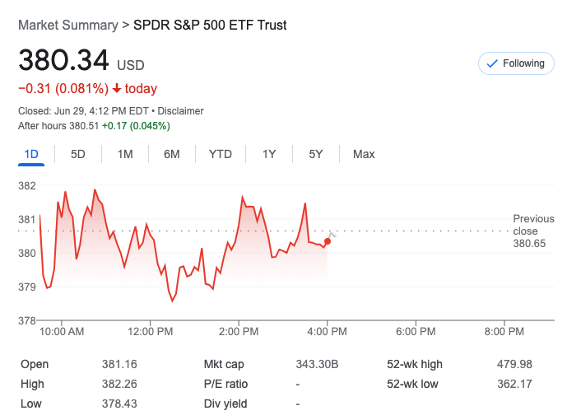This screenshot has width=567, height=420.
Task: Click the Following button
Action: click(x=516, y=63)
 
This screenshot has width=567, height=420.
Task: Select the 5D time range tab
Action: click(x=78, y=154)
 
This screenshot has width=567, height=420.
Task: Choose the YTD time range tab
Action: click(x=220, y=154)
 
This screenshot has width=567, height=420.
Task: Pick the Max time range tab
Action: click(x=364, y=154)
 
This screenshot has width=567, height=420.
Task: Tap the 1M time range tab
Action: click(x=125, y=154)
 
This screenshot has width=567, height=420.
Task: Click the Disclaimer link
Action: click(x=181, y=111)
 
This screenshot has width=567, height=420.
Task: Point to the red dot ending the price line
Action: click(x=328, y=241)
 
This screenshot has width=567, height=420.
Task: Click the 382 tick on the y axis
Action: click(x=27, y=186)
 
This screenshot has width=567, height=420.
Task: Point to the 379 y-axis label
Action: click(x=27, y=287)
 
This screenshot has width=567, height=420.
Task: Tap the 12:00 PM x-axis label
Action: click(x=151, y=332)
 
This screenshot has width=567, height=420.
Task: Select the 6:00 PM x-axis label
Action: click(x=416, y=332)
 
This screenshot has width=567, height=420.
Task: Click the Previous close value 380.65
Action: click(x=529, y=244)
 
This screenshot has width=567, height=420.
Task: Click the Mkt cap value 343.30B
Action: click(x=317, y=364)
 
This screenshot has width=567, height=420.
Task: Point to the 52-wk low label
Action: click(x=412, y=384)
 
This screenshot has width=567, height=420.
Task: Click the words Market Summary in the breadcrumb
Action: click(x=67, y=26)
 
